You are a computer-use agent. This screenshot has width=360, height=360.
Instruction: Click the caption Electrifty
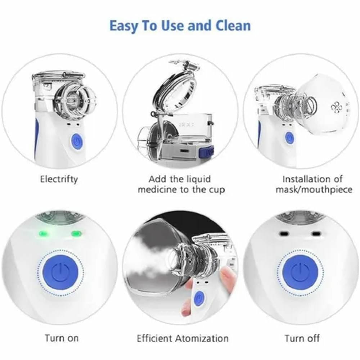pyautogui.click(x=59, y=179)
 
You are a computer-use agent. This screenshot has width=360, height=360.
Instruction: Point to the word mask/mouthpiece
pyautogui.click(x=314, y=190)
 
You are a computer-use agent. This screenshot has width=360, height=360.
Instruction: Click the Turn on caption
pyautogui.click(x=62, y=338)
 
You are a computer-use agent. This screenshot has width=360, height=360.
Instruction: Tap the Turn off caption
pyautogui.click(x=302, y=338)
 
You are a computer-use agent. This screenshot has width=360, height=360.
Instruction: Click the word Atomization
pyautogui.click(x=202, y=338)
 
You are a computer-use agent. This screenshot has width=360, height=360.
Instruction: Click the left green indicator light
pyautogui.click(x=43, y=234)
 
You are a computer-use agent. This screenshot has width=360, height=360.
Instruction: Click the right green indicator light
pyautogui.click(x=76, y=234)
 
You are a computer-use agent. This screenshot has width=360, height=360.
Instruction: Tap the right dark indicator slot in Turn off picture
pyautogui.click(x=316, y=234)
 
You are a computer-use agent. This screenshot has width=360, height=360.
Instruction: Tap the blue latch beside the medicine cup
pyautogui.click(x=206, y=152)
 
